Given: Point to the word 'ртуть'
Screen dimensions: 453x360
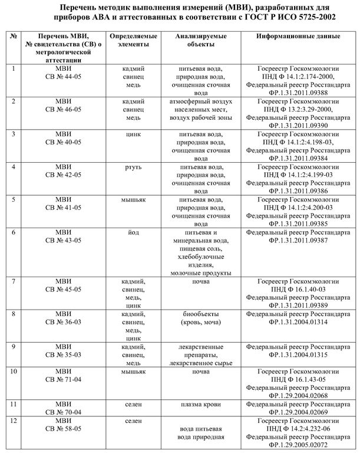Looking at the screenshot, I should [133, 168].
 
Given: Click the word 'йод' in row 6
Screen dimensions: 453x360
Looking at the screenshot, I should [133, 232].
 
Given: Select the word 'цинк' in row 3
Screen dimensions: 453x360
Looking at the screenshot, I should [133, 134].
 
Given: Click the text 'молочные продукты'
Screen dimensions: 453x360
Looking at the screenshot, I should [200, 273].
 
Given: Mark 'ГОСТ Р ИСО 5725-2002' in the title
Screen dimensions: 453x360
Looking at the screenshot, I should [289, 17].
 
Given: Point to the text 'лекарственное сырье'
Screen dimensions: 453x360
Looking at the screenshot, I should [200, 363].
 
